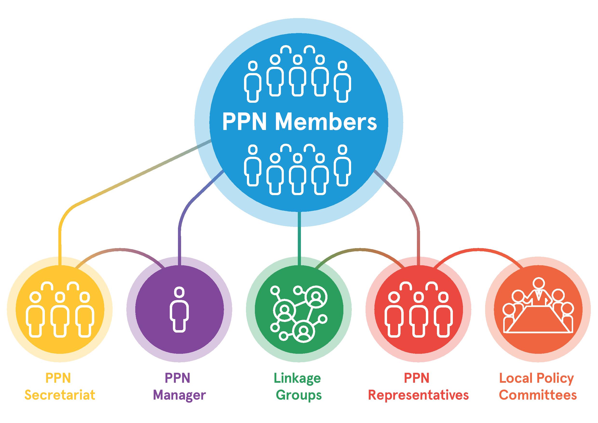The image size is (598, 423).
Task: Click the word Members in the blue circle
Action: coord(326,122)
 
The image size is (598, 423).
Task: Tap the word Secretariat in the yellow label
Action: coord(60,395)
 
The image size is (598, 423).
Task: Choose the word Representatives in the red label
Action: coord(418,395)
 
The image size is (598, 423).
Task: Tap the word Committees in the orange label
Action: coord(538,395)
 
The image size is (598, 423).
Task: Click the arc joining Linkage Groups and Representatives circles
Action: coord(360,250)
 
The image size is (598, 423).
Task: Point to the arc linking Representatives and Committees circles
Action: coord(479,250)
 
